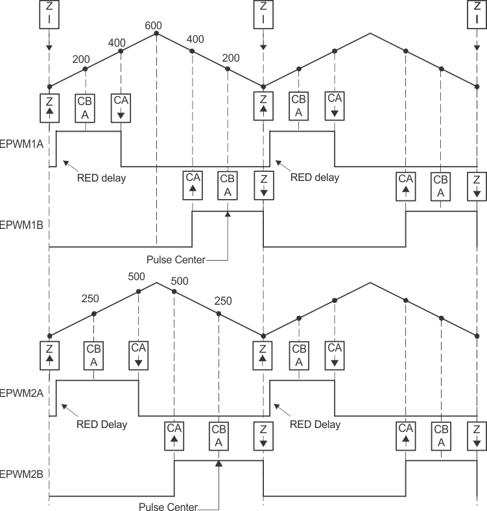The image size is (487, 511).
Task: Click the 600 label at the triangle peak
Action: tap(153, 25)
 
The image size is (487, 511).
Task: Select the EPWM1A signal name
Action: tap(21, 145)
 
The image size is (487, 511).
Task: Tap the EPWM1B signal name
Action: tap(21, 225)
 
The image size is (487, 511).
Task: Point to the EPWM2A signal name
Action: tap(21, 393)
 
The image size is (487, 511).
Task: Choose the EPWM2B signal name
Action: tap(21, 474)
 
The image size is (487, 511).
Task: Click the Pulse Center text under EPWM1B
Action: tap(176, 260)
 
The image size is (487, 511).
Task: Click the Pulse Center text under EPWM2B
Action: tap(168, 506)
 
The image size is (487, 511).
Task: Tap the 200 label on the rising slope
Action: tap(81, 59)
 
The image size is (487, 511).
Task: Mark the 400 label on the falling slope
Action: tap(195, 39)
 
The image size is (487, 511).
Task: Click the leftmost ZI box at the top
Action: tap(49, 14)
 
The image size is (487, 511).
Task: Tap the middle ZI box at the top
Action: tap(263, 14)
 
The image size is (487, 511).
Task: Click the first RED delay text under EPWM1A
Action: tap(101, 178)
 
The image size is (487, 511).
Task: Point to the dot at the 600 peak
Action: tap(156, 33)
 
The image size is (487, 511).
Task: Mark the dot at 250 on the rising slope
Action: tap(94, 314)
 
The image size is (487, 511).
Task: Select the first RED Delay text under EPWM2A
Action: tap(102, 425)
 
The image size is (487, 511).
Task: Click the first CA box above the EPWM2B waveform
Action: tap(174, 433)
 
